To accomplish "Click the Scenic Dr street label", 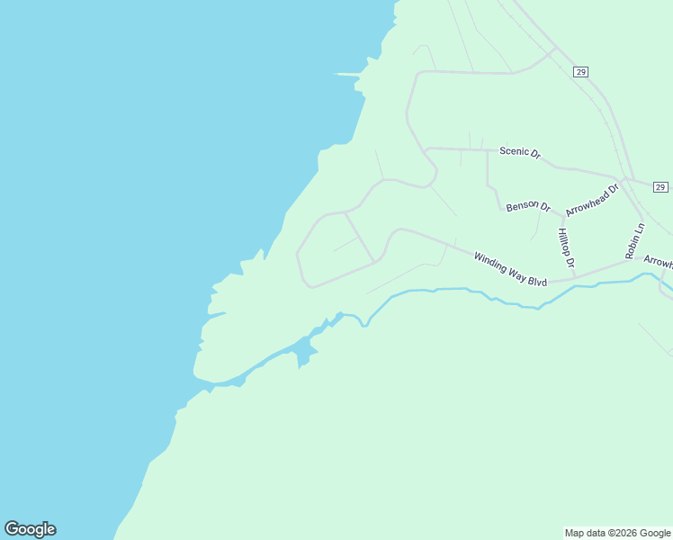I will (x=520, y=153).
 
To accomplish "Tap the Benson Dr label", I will (x=528, y=206).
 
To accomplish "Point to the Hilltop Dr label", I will (x=565, y=248).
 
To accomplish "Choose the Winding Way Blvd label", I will (x=511, y=269).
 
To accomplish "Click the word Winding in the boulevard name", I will (x=491, y=263).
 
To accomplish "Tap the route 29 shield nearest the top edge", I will (x=580, y=71).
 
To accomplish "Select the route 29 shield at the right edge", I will (x=660, y=187).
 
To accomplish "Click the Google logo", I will (x=30, y=529).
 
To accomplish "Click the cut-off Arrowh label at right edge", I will (x=658, y=262).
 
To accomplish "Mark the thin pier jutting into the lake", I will (x=346, y=74).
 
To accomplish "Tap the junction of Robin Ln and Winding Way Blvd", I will (x=627, y=262).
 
